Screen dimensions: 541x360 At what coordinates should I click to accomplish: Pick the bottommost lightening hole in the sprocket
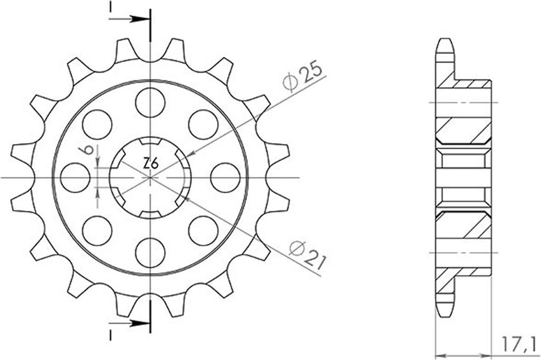150,252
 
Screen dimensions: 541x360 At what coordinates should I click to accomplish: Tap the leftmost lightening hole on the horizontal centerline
75,177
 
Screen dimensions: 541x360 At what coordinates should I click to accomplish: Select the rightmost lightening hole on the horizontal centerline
225,177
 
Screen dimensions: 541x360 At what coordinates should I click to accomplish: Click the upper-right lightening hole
204,124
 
